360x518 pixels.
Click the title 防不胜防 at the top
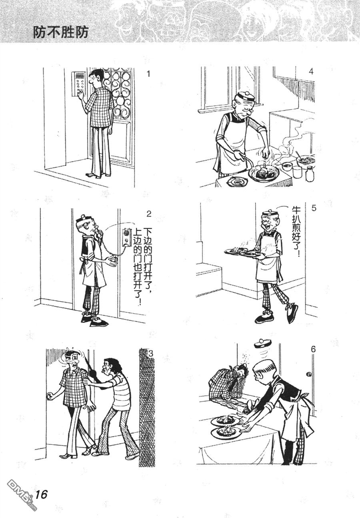[x=61, y=32]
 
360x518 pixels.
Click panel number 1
[x=148, y=74]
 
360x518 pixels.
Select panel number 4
[x=311, y=72]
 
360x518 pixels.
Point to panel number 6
[x=313, y=356]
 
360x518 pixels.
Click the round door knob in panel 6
[x=309, y=375]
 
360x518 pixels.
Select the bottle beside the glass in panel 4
[x=310, y=175]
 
